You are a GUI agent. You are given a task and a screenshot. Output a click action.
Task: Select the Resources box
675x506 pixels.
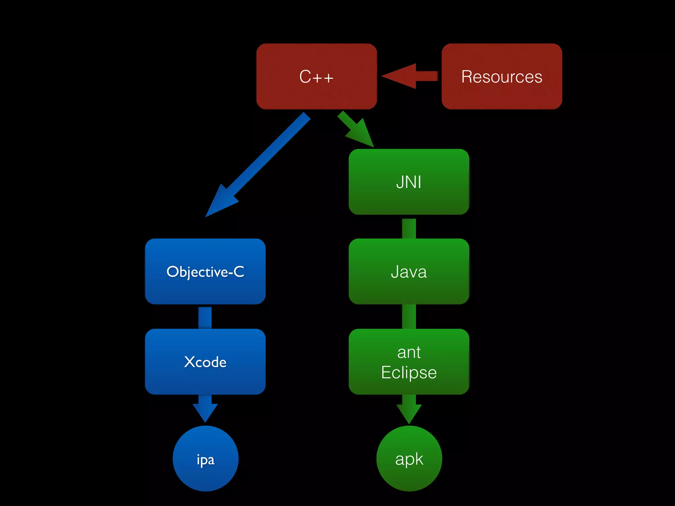pyautogui.click(x=502, y=76)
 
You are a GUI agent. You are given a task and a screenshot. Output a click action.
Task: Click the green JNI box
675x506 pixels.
pyautogui.click(x=409, y=182)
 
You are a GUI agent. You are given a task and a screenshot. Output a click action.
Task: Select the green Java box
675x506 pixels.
pyautogui.click(x=409, y=271)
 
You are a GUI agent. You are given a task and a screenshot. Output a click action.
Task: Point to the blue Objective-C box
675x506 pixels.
pyautogui.click(x=205, y=271)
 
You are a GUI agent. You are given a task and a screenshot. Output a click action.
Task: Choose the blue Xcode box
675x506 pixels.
pyautogui.click(x=205, y=362)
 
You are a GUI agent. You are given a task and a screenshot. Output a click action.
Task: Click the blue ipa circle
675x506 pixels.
pyautogui.click(x=205, y=459)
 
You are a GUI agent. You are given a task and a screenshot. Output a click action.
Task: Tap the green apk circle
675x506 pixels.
pyautogui.click(x=409, y=459)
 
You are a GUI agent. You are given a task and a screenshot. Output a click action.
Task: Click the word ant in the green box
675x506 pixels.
pyautogui.click(x=409, y=352)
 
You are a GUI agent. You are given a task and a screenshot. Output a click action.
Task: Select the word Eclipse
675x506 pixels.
pyautogui.click(x=409, y=373)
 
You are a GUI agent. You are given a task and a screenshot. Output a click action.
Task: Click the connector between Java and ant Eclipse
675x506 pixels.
pyautogui.click(x=409, y=316)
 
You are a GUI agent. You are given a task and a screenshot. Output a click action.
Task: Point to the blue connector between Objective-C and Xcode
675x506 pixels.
pyautogui.click(x=205, y=317)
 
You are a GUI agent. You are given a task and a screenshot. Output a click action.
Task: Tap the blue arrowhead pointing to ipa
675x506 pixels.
pyautogui.click(x=205, y=412)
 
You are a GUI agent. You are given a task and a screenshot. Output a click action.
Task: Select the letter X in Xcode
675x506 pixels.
pyautogui.click(x=190, y=362)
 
